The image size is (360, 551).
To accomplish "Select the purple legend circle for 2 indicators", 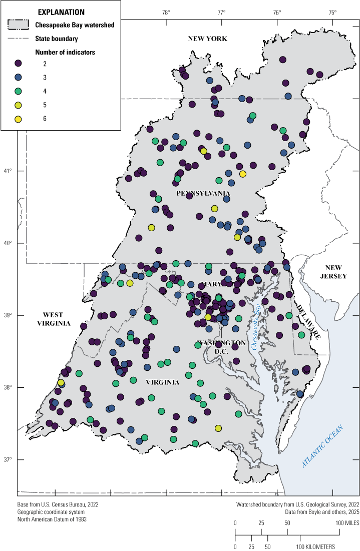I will [x=19, y=64].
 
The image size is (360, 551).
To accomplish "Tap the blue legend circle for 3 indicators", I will [x=19, y=78].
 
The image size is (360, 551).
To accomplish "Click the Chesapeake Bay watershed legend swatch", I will [x=19, y=25].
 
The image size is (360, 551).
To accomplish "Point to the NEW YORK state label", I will [x=207, y=39].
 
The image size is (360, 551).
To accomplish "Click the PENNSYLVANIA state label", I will [x=203, y=193].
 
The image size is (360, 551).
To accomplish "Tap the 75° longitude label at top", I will [x=332, y=12].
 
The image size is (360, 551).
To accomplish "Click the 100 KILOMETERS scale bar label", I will [x=317, y=546].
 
